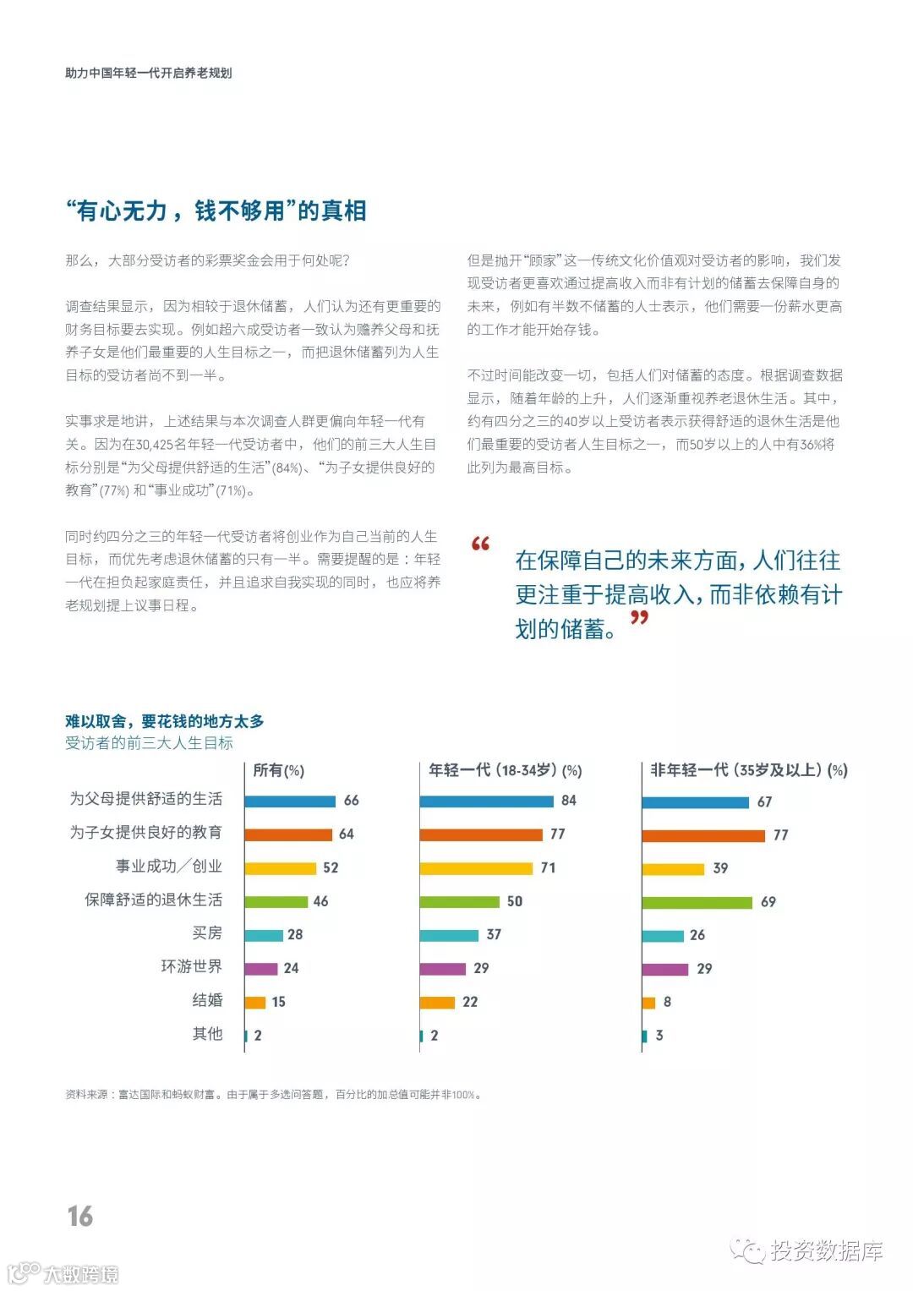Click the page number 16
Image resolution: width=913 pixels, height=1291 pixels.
pyautogui.click(x=80, y=1216)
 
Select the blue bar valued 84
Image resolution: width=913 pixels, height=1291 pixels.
pyautogui.click(x=486, y=801)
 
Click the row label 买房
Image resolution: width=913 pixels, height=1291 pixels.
pyautogui.click(x=207, y=933)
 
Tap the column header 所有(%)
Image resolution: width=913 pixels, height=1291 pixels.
pyautogui.click(x=279, y=770)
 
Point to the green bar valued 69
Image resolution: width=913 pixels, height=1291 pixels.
pyautogui.click(x=697, y=902)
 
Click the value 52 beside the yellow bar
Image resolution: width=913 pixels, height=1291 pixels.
pyautogui.click(x=331, y=867)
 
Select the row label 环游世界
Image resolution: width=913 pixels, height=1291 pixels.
pyautogui.click(x=192, y=966)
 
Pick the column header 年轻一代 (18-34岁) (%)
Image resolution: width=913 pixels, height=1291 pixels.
pyautogui.click(x=506, y=770)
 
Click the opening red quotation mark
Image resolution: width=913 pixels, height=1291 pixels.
pyautogui.click(x=481, y=544)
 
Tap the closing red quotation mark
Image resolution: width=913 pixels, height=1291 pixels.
pyautogui.click(x=640, y=618)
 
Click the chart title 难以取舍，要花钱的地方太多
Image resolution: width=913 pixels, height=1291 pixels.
pyautogui.click(x=165, y=721)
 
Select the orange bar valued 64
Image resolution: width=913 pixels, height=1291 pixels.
pyautogui.click(x=288, y=834)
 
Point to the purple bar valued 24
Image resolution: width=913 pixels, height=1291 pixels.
pyautogui.click(x=261, y=968)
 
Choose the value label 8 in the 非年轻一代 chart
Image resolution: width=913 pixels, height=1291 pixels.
pyautogui.click(x=667, y=1002)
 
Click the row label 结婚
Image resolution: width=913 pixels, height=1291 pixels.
pyautogui.click(x=207, y=1000)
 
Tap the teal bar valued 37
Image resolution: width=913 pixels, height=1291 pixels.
pyautogui.click(x=449, y=935)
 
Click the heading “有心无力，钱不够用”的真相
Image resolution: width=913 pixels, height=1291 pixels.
pyautogui.click(x=216, y=211)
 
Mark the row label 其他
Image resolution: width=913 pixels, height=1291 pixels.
pyautogui.click(x=207, y=1033)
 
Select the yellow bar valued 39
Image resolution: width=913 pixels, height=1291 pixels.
pyautogui.click(x=673, y=869)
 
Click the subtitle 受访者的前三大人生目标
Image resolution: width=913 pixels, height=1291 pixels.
pyautogui.click(x=149, y=743)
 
